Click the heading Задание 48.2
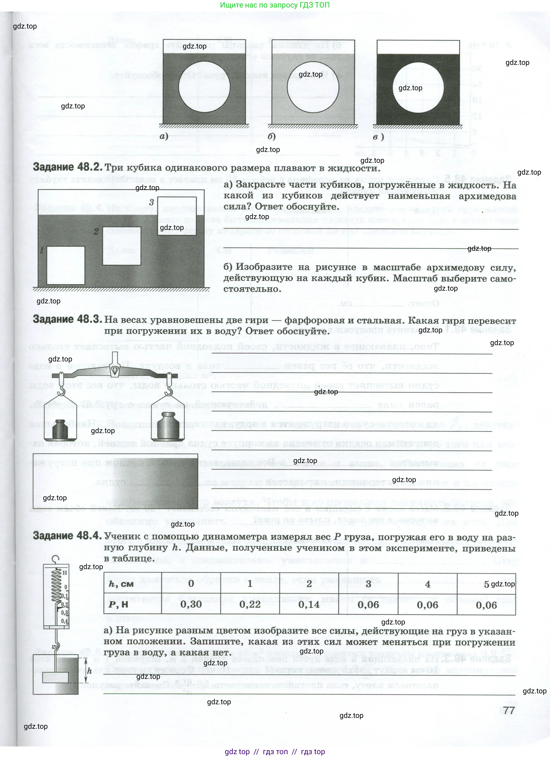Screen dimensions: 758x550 [68, 167]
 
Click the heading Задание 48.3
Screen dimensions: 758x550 [68, 319]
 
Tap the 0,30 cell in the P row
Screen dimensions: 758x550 [191, 604]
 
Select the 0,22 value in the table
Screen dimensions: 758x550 [250, 604]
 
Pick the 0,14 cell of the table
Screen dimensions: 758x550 [309, 604]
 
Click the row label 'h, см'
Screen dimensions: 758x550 [121, 584]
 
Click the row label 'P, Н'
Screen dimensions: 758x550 [119, 604]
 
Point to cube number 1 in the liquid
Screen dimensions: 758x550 [66, 265]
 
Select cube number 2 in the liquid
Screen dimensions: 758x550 [121, 246]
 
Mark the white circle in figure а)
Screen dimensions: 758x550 [204, 87]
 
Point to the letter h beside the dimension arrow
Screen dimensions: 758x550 [89, 671]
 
